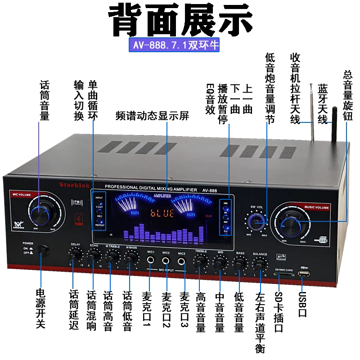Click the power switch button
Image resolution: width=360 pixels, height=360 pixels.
tap(43, 250)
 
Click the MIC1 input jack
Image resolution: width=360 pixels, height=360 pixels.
tap(151, 260)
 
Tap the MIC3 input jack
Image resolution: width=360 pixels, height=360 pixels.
tap(182, 261)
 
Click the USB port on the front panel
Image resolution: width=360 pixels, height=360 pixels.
tap(304, 274)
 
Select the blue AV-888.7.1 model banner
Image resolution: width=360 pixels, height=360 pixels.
tap(175, 45)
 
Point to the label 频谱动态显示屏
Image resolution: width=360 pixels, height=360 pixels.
tap(152, 116)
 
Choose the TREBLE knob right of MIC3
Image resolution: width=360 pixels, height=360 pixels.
tap(200, 261)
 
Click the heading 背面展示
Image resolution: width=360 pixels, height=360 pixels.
tap(180, 19)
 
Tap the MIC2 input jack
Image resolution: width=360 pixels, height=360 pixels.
tap(166, 260)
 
